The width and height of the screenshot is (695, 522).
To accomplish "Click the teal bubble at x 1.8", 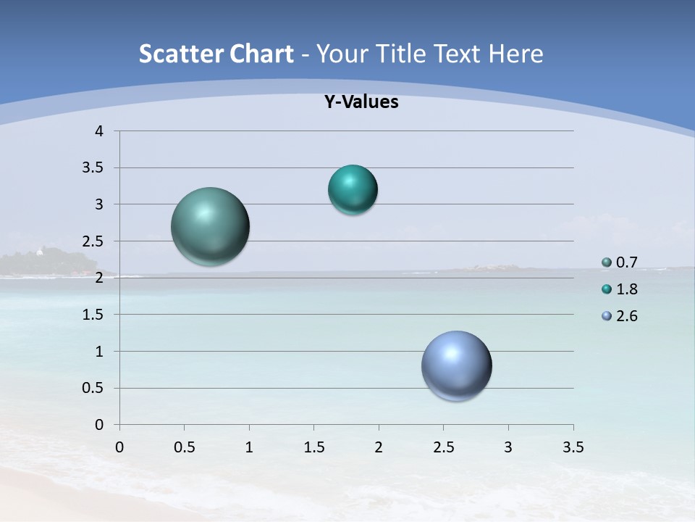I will [353, 190].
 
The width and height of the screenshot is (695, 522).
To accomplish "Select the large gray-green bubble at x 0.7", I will [211, 226].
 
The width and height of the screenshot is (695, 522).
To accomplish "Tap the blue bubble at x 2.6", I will [456, 365].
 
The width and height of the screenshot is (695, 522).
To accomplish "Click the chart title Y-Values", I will [361, 102].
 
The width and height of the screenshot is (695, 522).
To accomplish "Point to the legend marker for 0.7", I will [607, 262].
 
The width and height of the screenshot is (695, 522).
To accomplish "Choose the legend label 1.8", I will [627, 289].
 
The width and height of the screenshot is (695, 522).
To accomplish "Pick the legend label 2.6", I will [627, 316].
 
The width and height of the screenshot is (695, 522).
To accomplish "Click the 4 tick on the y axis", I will [100, 131].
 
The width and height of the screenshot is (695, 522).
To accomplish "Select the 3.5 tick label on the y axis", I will [94, 168].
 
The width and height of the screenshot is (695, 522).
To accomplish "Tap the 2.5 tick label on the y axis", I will [94, 241].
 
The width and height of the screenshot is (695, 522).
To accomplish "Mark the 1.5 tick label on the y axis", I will [94, 315].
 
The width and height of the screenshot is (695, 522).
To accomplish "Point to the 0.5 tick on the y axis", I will [94, 389].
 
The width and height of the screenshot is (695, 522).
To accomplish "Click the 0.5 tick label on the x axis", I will [185, 447].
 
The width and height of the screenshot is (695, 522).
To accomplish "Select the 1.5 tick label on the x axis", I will [314, 447].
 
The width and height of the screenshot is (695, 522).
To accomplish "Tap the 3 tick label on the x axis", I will [508, 447].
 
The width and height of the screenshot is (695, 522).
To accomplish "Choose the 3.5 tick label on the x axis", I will [573, 447].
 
